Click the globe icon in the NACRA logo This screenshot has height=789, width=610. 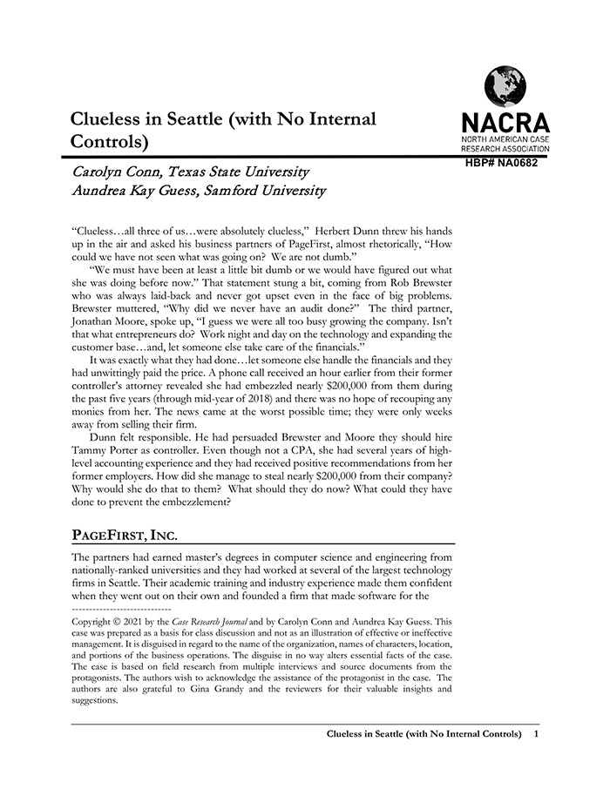[505, 87]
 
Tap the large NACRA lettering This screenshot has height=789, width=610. [505, 123]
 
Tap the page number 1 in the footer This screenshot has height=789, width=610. [536, 734]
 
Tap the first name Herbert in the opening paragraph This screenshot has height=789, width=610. [333, 231]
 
